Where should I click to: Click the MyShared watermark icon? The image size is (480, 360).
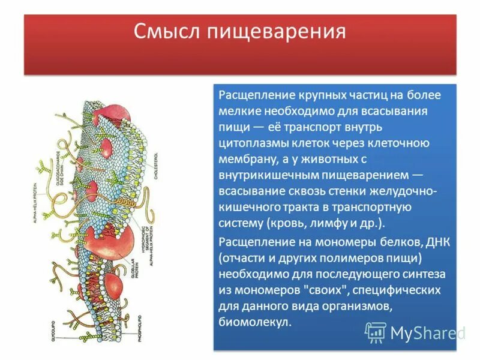pos(376,332)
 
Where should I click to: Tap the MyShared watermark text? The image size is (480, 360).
pos(427,332)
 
